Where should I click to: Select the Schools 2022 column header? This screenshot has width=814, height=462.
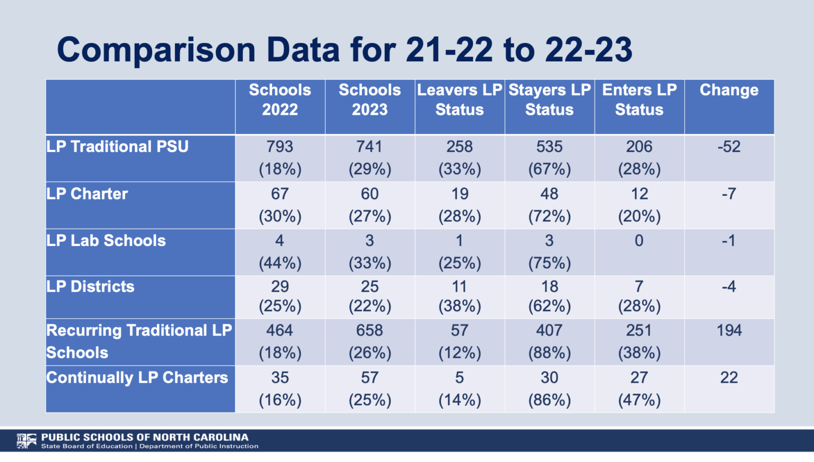280,100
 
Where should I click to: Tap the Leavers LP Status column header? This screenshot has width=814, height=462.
459,100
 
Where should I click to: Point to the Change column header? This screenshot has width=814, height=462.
729,90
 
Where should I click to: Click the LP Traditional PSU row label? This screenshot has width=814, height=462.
117,147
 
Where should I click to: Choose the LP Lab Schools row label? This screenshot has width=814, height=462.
106,241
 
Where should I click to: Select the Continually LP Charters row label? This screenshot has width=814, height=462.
137,378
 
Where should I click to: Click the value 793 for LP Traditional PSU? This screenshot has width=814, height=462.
280,147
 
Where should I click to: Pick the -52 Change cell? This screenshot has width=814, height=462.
729,147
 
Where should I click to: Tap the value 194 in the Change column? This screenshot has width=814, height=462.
729,331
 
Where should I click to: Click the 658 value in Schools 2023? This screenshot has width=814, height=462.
369,331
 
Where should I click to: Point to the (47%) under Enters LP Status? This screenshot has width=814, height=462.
639,400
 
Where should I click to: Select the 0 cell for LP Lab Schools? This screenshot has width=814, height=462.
639,241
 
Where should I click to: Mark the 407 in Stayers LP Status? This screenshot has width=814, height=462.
549,331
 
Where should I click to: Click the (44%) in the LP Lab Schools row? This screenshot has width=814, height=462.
280,263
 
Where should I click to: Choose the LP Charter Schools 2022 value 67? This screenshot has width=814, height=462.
280,194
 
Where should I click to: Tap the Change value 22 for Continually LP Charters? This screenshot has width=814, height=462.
729,378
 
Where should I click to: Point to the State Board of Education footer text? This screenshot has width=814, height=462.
87,447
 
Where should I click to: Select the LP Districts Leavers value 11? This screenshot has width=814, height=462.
459,287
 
